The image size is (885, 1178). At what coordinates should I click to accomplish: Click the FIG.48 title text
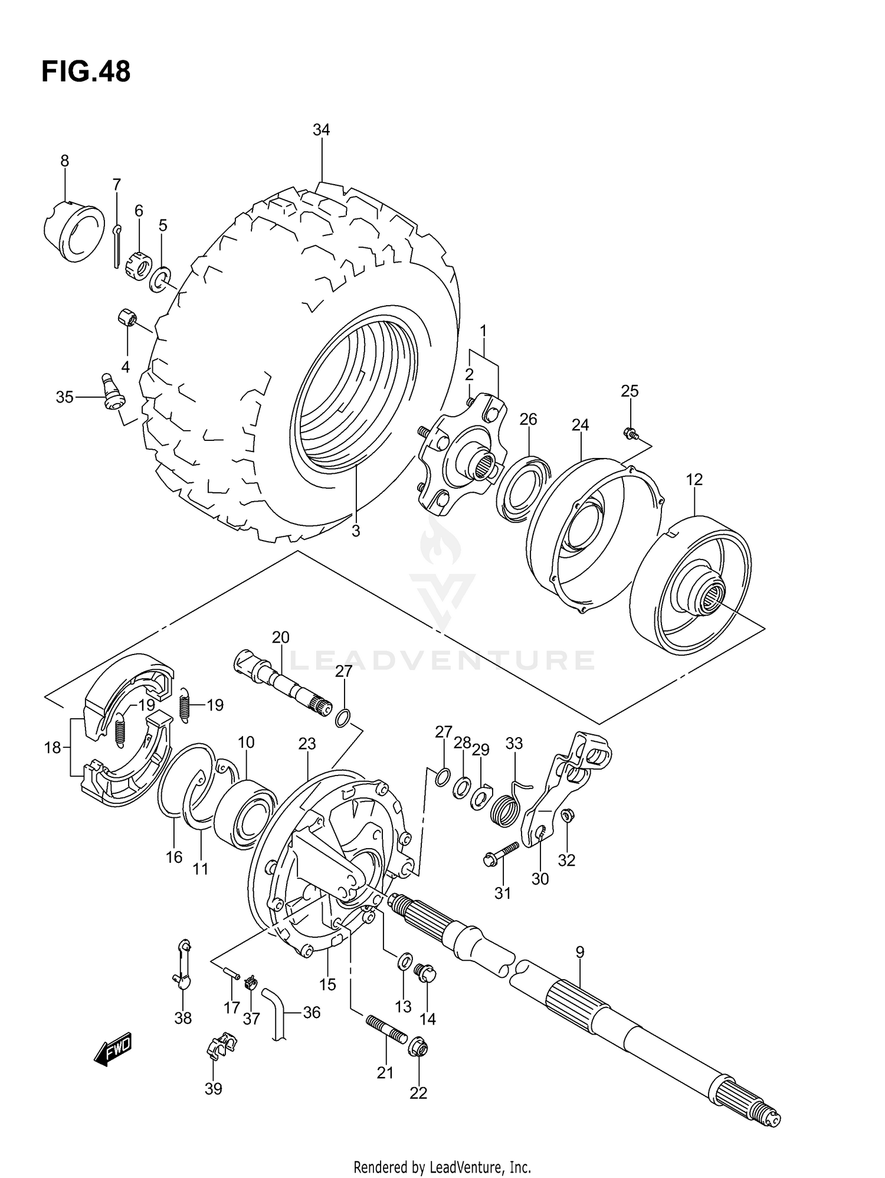(x=86, y=72)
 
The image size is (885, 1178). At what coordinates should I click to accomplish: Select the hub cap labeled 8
(x=74, y=231)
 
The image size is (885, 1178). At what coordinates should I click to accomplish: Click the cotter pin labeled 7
(x=116, y=245)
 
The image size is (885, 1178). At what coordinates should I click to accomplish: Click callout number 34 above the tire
(x=321, y=130)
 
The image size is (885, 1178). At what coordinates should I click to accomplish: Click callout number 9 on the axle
(x=579, y=952)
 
